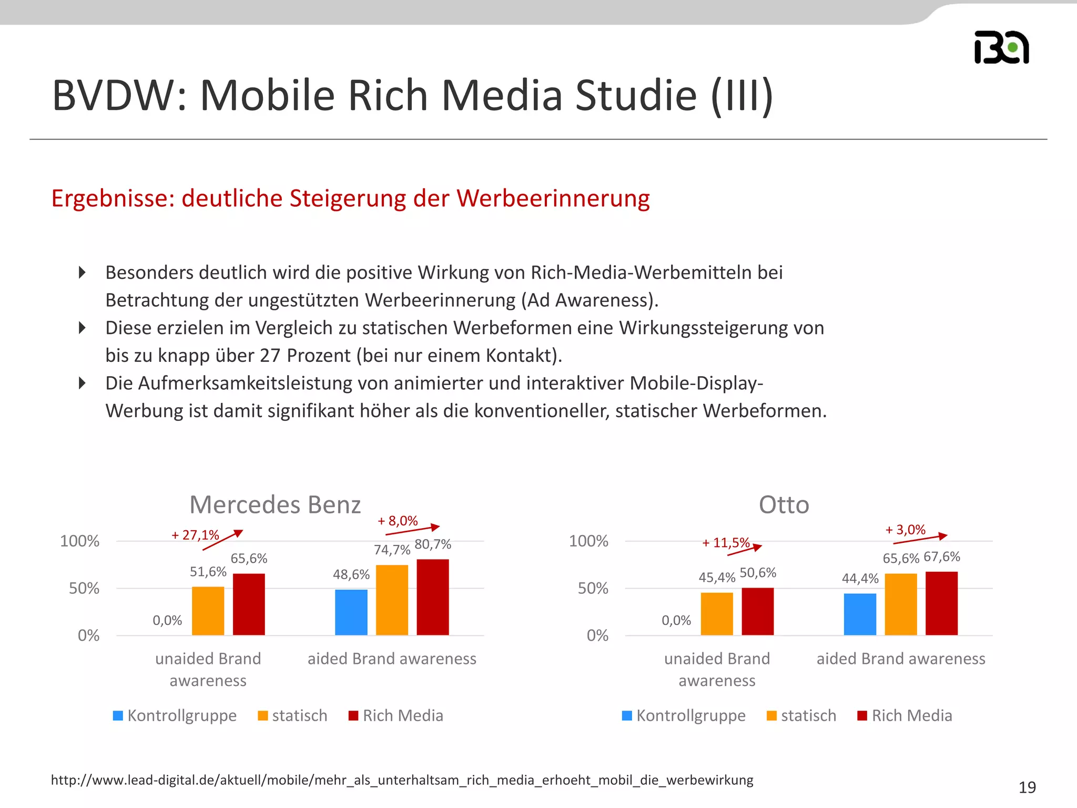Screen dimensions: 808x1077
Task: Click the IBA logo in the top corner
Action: point(1001,47)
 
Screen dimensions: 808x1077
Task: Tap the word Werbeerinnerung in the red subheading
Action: point(553,199)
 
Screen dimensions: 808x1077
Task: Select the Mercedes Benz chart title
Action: point(275,504)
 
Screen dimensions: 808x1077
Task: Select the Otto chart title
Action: point(784,504)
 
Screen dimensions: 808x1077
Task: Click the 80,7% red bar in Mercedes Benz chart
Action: point(432,597)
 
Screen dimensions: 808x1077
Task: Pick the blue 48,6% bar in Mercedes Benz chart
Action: point(351,612)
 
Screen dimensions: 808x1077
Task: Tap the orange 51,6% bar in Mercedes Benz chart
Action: point(208,611)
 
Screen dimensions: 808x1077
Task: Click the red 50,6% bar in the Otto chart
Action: point(757,611)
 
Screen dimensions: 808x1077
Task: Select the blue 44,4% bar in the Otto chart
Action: point(860,614)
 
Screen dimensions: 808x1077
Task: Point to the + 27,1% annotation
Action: point(195,535)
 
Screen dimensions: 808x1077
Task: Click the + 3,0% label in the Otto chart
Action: point(905,530)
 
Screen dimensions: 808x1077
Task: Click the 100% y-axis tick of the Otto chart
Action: point(588,541)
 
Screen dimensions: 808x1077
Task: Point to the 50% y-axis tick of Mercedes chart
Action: point(84,588)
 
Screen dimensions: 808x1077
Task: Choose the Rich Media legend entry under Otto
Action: point(905,715)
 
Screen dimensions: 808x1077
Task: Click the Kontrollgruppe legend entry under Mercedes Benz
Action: point(175,715)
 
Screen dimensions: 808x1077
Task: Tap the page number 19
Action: point(1027,787)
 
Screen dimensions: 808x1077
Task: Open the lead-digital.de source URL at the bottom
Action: point(402,780)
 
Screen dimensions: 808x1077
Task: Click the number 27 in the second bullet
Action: point(270,356)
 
